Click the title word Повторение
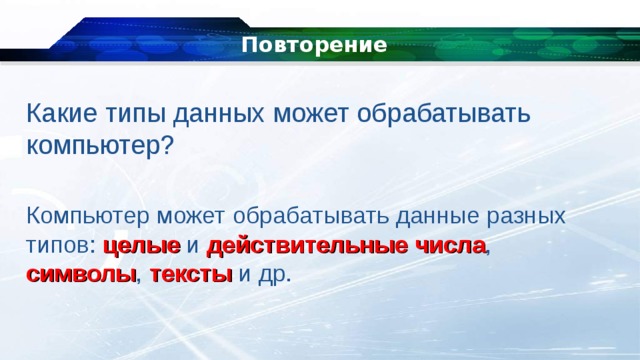point(314,45)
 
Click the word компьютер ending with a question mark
point(95,145)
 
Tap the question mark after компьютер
point(168,145)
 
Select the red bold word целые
point(141,245)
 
